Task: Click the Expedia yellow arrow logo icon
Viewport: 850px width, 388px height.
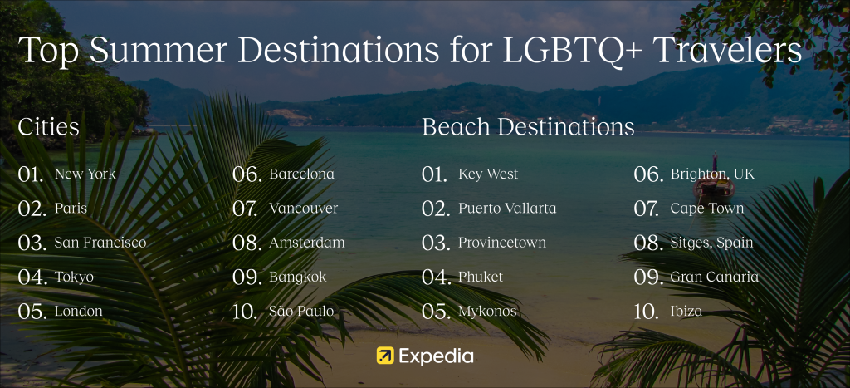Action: pyautogui.click(x=385, y=356)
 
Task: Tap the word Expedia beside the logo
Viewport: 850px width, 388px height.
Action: pyautogui.click(x=436, y=356)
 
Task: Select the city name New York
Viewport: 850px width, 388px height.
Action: pyautogui.click(x=85, y=174)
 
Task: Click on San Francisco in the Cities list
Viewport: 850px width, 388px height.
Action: pyautogui.click(x=100, y=243)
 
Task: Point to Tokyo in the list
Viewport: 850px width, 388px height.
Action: pyautogui.click(x=74, y=277)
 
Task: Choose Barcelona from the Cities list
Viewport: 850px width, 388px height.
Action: pyautogui.click(x=302, y=174)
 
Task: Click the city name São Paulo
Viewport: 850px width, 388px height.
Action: pyautogui.click(x=301, y=311)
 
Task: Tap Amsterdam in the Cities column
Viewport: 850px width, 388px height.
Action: pyautogui.click(x=307, y=243)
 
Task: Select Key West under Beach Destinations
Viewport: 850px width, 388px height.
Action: pyautogui.click(x=488, y=174)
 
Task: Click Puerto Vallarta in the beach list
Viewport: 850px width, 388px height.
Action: pyautogui.click(x=507, y=209)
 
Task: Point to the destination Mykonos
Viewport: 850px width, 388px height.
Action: pyautogui.click(x=487, y=312)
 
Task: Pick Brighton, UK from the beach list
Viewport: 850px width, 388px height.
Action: pyautogui.click(x=712, y=174)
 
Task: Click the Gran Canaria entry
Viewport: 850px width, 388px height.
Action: pyautogui.click(x=715, y=277)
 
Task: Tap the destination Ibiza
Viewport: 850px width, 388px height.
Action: pyautogui.click(x=686, y=311)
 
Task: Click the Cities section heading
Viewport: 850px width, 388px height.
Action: pyautogui.click(x=49, y=127)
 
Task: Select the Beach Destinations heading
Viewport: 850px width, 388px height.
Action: pyautogui.click(x=528, y=127)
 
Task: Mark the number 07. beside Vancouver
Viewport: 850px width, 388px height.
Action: pyautogui.click(x=245, y=209)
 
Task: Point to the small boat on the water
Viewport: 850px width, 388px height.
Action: pyautogui.click(x=714, y=185)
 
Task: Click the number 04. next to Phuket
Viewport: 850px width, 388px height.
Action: pyautogui.click(x=436, y=277)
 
